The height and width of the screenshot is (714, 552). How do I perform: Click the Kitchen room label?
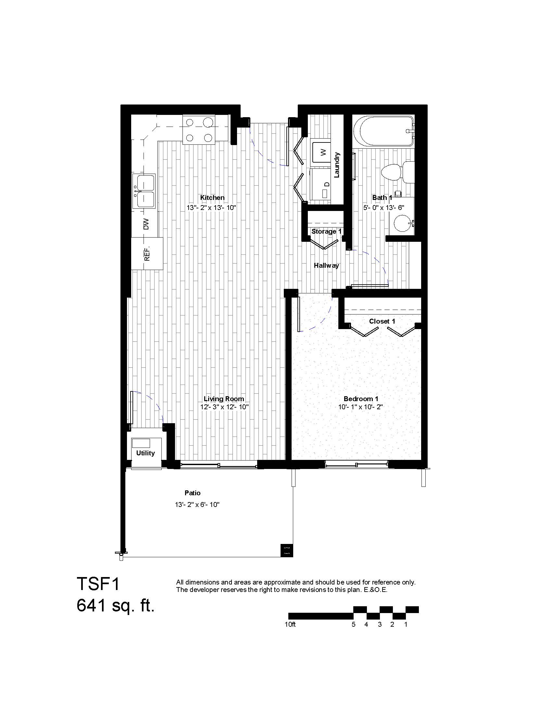click(212, 197)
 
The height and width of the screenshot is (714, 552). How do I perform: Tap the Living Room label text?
click(224, 399)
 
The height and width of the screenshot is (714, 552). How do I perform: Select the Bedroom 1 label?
click(361, 399)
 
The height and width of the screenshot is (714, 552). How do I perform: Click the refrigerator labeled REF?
click(147, 253)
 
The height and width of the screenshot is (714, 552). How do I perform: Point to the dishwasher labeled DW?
click(145, 224)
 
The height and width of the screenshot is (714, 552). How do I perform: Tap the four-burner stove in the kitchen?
click(198, 129)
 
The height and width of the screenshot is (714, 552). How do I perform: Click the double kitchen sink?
click(144, 191)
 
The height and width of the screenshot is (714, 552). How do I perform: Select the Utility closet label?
click(145, 453)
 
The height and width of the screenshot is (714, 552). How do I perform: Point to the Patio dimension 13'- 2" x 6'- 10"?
click(197, 504)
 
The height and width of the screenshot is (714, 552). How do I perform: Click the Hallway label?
click(326, 265)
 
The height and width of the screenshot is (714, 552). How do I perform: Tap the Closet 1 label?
click(382, 321)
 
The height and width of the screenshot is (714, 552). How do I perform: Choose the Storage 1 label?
click(327, 231)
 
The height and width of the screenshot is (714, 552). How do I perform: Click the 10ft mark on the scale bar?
click(290, 624)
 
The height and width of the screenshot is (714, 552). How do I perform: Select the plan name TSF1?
click(99, 584)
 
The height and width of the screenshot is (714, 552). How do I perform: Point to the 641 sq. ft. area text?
click(115, 605)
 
